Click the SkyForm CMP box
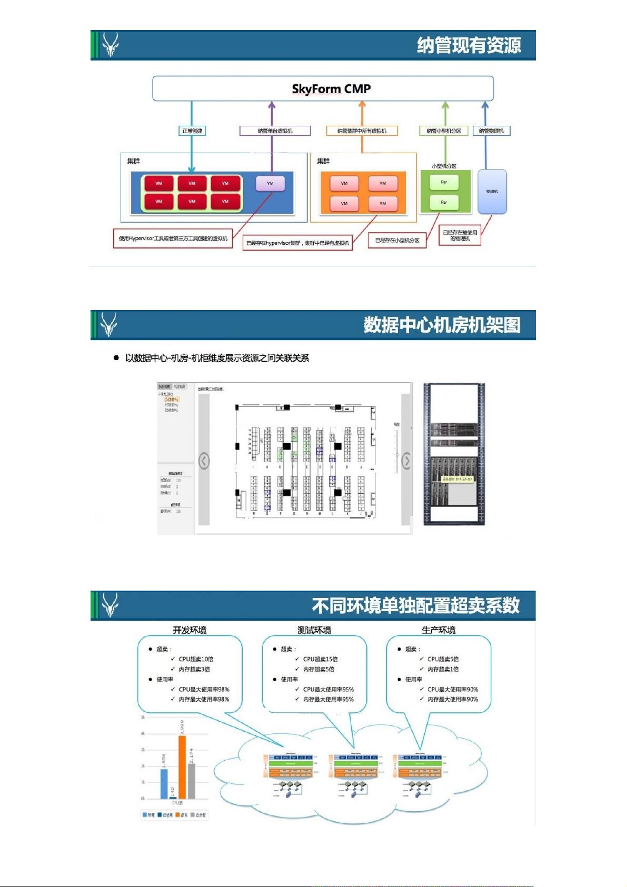(x=323, y=88)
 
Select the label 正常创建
(x=192, y=131)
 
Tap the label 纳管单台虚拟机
(x=275, y=131)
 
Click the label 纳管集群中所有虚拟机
(x=362, y=131)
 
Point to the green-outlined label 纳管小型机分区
(x=443, y=131)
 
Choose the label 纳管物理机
(x=491, y=131)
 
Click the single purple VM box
(x=270, y=183)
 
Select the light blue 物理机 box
(x=492, y=192)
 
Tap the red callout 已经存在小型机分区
(x=397, y=240)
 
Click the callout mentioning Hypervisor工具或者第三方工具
(x=173, y=238)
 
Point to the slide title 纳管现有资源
(x=469, y=45)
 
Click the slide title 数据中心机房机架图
(x=441, y=325)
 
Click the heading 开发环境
(x=190, y=630)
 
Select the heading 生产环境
(x=439, y=630)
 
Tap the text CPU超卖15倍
(x=320, y=659)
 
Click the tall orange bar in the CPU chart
(x=182, y=767)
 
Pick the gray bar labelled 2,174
(x=192, y=781)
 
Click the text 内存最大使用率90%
(x=453, y=699)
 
